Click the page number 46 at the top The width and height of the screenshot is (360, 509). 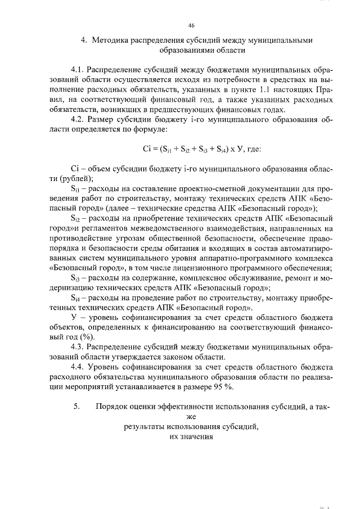(191, 25)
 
